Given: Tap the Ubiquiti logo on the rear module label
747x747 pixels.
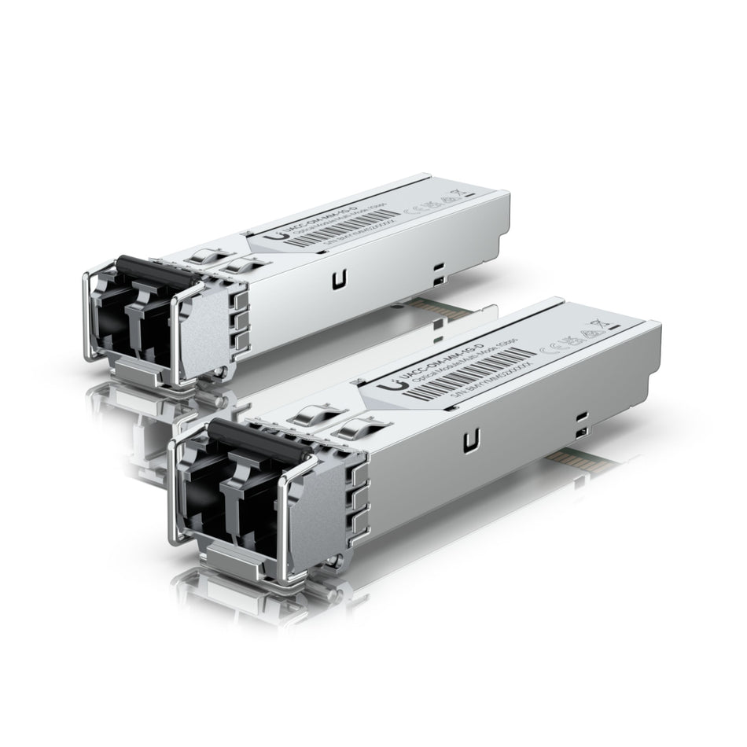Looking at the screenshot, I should coord(274,235).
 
